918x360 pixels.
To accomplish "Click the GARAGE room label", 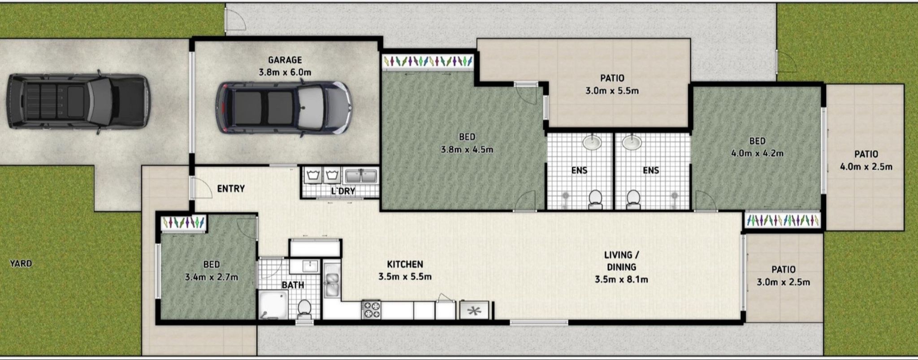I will point(285,60).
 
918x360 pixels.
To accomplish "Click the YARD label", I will point(21,264).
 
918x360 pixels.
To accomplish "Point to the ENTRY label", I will point(231,189).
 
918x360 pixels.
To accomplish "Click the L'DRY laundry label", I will point(343,191).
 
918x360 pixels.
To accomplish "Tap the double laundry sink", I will point(361,175).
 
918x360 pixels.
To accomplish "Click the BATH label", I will point(293,285).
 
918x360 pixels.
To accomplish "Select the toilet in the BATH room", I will point(304,308).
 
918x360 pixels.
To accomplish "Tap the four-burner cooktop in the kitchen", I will point(371,310).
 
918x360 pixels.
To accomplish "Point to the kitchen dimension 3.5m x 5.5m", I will point(405,277).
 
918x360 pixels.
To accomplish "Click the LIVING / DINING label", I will point(621,261).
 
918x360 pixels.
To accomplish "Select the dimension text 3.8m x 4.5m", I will point(467,149).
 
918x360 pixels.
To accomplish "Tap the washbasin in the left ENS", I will point(592,143).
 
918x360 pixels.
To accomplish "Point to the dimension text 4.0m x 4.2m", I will point(757,153).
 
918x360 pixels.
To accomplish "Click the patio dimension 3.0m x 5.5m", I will point(612,91).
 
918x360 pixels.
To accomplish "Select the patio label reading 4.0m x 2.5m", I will point(866,167).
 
